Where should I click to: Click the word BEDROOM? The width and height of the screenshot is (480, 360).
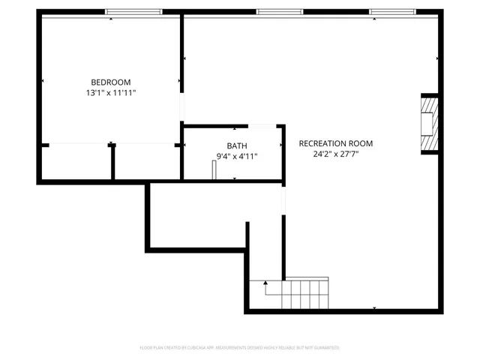[111, 82]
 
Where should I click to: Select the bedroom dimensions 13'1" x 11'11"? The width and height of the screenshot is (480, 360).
[111, 93]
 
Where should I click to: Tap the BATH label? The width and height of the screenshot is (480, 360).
[237, 145]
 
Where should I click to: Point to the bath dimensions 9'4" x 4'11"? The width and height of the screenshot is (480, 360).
[237, 156]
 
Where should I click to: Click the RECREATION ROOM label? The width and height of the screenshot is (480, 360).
[335, 143]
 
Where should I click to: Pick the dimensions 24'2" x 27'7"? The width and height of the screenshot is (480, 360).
[335, 154]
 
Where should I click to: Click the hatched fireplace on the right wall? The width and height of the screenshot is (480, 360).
[429, 123]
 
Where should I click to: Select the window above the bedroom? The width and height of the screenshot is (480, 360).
[133, 12]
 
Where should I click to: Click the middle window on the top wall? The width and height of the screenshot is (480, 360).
[280, 12]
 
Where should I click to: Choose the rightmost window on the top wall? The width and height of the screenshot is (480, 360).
[391, 12]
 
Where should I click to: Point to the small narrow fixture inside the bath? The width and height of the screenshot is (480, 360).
[214, 170]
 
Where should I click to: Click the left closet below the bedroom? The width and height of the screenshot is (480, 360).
[76, 162]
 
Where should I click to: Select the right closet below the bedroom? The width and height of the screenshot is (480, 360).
[147, 162]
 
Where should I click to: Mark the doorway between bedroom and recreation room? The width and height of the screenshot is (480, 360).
[181, 106]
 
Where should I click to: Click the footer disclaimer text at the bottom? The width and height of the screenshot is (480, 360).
[240, 347]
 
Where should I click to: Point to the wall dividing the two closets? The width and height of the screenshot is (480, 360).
[112, 162]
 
